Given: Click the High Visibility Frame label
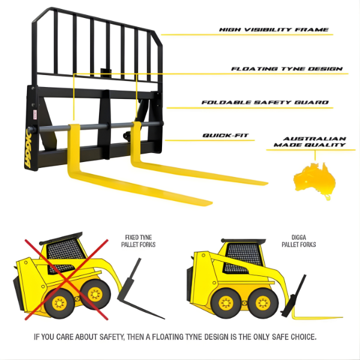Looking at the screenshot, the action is (274, 29).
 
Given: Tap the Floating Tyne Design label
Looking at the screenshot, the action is (287, 69).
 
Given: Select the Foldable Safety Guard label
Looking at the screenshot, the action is (265, 103).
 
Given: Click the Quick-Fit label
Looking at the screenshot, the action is (226, 136).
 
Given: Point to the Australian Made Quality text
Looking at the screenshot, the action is (310, 142).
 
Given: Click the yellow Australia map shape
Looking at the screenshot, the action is (315, 180).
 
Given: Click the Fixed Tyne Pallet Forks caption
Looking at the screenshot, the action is (138, 241).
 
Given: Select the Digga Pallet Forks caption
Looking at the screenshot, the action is (299, 241).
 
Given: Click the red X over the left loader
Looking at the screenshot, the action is (67, 280).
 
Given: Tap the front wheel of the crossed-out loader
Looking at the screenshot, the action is (95, 294).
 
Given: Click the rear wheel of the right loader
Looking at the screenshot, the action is (226, 303).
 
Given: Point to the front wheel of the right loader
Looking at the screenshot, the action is (263, 303).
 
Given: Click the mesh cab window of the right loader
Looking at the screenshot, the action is (243, 257).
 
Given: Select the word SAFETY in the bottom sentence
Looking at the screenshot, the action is (112, 337).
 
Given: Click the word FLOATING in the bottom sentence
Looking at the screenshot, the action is (168, 337).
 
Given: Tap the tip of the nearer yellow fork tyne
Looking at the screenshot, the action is (212, 203).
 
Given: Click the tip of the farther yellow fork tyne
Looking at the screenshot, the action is (267, 183).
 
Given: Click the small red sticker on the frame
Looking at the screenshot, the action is (35, 115).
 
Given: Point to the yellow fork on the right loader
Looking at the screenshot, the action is (317, 317).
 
